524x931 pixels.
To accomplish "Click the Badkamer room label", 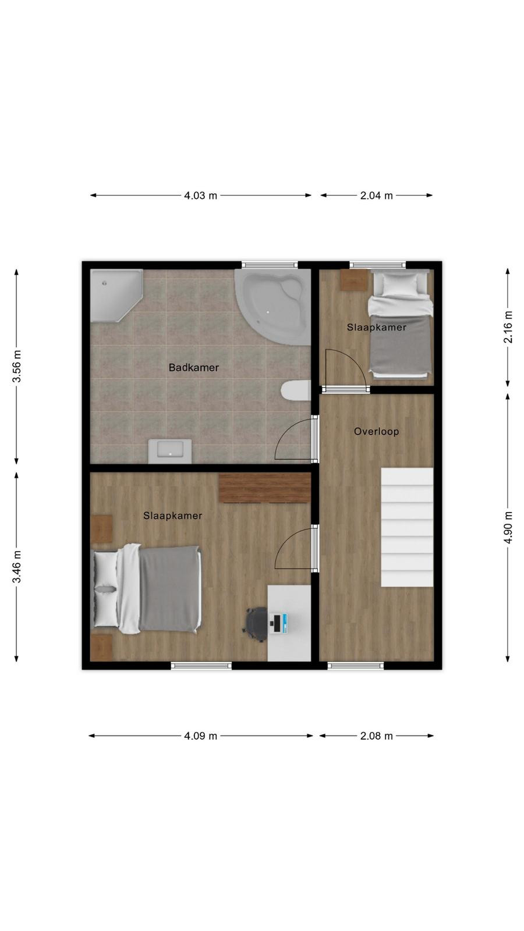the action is (193, 367).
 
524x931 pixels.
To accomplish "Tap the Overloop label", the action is (376, 431).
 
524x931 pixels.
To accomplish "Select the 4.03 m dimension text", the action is (200, 196).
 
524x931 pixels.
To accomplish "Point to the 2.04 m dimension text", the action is (376, 196).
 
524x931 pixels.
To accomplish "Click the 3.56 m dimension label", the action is (17, 366).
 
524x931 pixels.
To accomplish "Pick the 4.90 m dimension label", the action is (508, 527).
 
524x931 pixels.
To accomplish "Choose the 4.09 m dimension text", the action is (200, 736).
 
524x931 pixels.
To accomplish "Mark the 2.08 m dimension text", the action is (376, 736).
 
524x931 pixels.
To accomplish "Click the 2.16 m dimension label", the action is (508, 326).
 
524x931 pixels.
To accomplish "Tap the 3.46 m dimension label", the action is (17, 566).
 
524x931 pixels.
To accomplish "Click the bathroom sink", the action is (170, 451).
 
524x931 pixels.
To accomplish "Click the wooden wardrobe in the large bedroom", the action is (265, 488).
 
